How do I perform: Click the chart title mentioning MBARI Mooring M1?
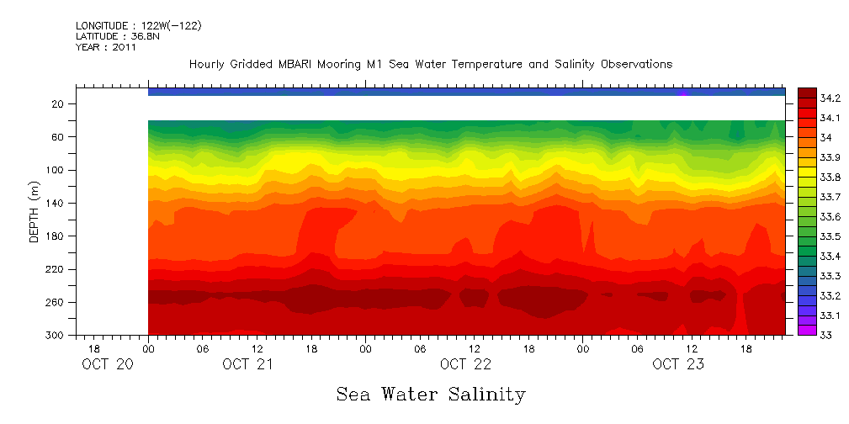430,65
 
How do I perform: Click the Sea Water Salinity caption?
431,394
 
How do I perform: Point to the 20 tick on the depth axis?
58,104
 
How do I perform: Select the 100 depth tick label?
56,170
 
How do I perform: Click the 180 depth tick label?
56,236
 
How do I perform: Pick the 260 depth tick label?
56,303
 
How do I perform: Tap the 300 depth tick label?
56,336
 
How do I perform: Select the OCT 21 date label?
247,364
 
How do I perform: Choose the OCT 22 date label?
465,364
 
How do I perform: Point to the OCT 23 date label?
677,364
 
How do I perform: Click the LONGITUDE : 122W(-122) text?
139,26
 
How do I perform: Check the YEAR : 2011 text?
106,48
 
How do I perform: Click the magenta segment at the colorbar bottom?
806,331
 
